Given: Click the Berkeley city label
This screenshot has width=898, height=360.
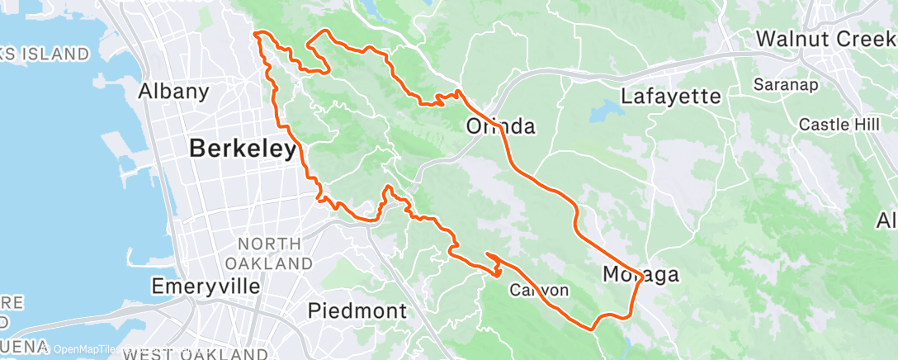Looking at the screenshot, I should pyautogui.click(x=243, y=149).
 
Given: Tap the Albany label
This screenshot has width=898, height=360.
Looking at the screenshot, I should pyautogui.click(x=174, y=91).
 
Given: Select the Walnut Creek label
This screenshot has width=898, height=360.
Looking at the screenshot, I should pyautogui.click(x=826, y=39).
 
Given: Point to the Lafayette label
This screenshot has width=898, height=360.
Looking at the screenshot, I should pyautogui.click(x=670, y=97).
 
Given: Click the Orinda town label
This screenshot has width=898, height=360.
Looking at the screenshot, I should pyautogui.click(x=501, y=127).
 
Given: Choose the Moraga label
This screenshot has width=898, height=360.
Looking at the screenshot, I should pyautogui.click(x=640, y=275).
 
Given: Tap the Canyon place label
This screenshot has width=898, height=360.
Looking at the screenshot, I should pyautogui.click(x=539, y=290).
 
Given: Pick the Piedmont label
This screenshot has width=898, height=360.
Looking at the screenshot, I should pyautogui.click(x=357, y=311).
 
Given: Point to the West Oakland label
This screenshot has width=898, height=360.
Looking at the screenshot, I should pyautogui.click(x=195, y=353).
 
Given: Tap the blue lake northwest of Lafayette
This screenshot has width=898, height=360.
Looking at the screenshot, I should pyautogui.click(x=610, y=112).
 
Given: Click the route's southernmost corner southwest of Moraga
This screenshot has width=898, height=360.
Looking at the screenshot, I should pyautogui.click(x=593, y=329).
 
